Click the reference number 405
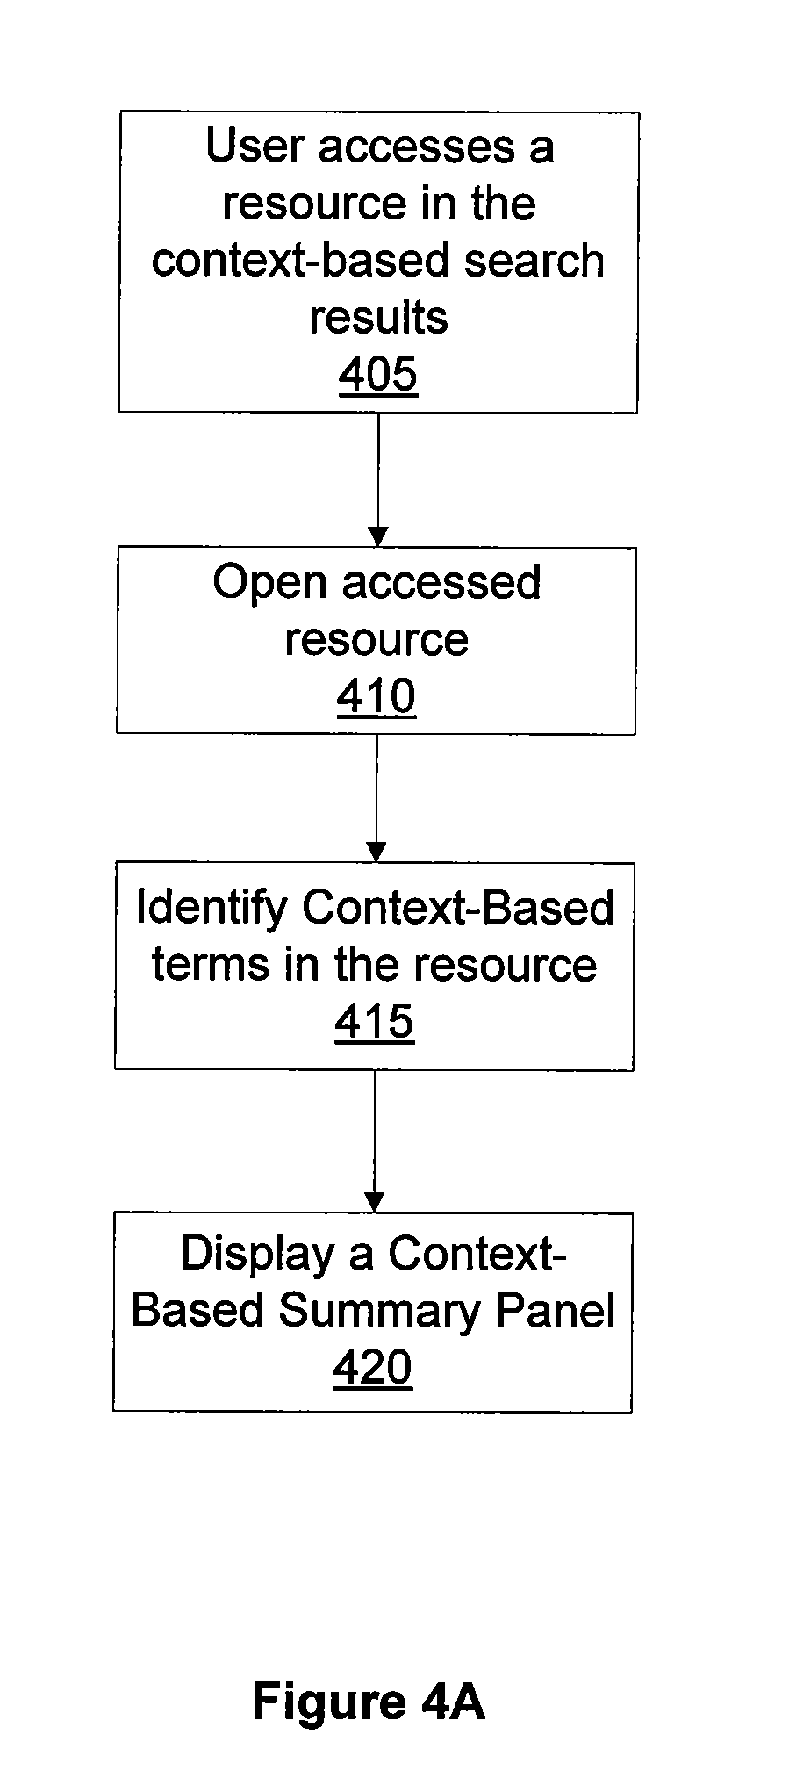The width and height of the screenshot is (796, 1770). pyautogui.click(x=378, y=375)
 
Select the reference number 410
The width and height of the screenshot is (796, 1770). pyautogui.click(x=376, y=697)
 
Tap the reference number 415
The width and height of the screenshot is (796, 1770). pyautogui.click(x=375, y=1022)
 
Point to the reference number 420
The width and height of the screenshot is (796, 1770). pyautogui.click(x=373, y=1368)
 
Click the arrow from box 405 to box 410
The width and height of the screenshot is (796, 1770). pyautogui.click(x=378, y=479)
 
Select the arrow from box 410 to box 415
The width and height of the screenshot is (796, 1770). pyautogui.click(x=376, y=798)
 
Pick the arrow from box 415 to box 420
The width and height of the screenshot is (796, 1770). pyautogui.click(x=375, y=1141)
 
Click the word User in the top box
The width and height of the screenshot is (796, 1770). pyautogui.click(x=255, y=146)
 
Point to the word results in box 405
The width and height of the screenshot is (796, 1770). pyautogui.click(x=379, y=317)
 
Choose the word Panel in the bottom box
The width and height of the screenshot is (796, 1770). pyautogui.click(x=556, y=1310)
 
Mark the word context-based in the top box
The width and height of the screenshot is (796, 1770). pyautogui.click(x=303, y=261)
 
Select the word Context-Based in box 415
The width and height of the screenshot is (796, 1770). pyautogui.click(x=458, y=907)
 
